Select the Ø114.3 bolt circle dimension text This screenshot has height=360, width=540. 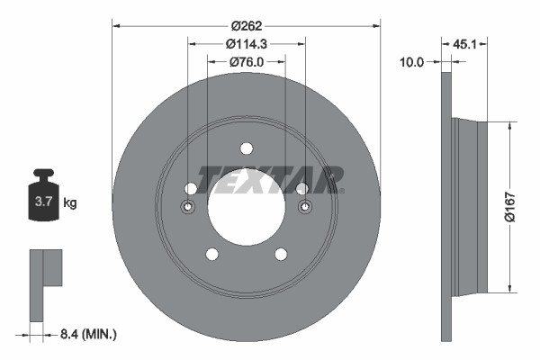coord(246,44)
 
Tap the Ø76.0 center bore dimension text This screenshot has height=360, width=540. coord(246,62)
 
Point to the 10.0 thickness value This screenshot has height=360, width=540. coord(412,62)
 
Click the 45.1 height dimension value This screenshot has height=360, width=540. coord(464,42)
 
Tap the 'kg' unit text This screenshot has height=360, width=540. coord(70,203)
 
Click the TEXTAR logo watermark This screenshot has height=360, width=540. coord(270,179)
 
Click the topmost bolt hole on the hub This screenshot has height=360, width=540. coord(246,149)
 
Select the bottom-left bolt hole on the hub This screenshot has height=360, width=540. coord(211,255)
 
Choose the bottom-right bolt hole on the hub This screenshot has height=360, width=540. coord(280,255)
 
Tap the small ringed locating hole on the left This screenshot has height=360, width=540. coord(188,208)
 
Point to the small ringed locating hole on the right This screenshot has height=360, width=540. coord(303,208)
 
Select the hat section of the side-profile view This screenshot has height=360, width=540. coord(470,208)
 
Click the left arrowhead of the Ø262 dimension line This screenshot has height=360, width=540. coord(115,25)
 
